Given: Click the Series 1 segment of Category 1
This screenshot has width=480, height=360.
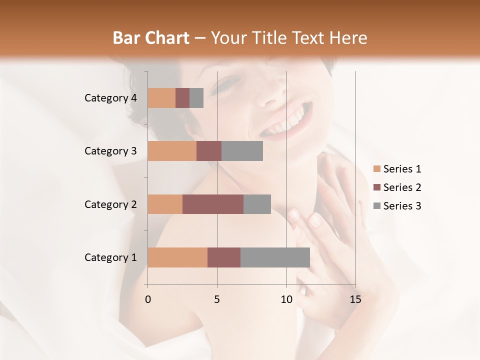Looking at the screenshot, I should tap(177, 257).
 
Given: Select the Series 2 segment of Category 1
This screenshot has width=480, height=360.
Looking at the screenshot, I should tap(224, 257).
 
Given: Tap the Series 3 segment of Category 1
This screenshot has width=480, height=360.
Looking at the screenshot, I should tap(275, 257).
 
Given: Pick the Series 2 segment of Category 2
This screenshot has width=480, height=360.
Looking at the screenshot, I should tap(213, 204).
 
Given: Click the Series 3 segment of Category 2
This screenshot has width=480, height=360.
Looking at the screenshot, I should tap(257, 204).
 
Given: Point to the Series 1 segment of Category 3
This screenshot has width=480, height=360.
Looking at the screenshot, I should tap(172, 151).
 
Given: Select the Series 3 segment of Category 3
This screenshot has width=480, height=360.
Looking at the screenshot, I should tap(242, 151).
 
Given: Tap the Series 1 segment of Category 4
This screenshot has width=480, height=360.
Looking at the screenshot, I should tap(161, 98).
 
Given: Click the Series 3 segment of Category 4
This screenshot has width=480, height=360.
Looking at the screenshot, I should tap(196, 98).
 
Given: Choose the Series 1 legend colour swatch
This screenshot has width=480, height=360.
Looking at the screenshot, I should tap(376, 169).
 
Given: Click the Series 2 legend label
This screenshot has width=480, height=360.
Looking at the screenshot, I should tap(402, 187).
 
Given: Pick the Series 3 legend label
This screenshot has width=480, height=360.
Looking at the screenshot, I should tap(402, 206).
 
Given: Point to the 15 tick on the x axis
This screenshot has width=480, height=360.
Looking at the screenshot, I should tap(355, 299).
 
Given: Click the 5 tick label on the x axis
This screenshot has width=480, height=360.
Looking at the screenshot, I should tap(217, 299).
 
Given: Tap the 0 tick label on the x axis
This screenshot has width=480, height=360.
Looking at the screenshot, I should tap(148, 299).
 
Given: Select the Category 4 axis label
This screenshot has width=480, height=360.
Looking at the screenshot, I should tap(110, 98).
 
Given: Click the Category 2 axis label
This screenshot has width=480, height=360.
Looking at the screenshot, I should tap(110, 204).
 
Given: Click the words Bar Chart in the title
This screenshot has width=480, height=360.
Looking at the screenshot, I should tap(151, 38).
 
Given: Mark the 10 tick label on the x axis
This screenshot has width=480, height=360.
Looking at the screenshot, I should tap(286, 299).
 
